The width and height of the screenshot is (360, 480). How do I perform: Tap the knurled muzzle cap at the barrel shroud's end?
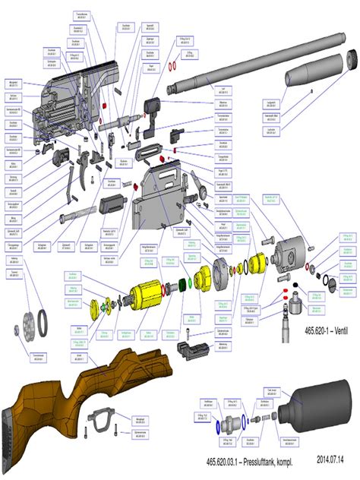(x=352, y=58)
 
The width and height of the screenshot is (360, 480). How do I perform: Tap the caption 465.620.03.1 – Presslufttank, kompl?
(x=251, y=461)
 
